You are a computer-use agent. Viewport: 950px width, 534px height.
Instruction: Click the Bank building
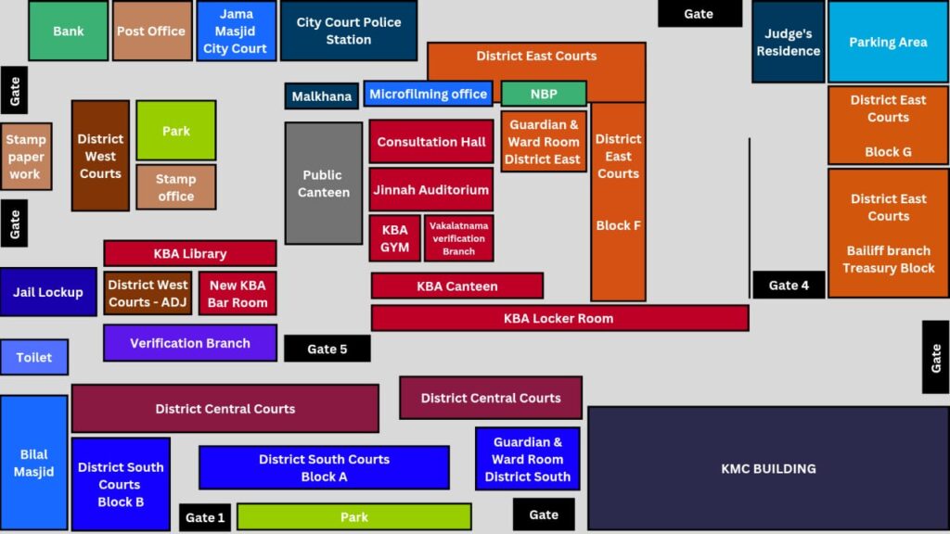pos(68,31)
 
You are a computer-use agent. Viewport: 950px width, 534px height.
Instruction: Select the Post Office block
pos(151,31)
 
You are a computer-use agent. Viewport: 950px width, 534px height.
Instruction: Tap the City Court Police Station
pos(349,31)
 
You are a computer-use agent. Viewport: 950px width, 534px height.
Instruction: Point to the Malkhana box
pos(321,96)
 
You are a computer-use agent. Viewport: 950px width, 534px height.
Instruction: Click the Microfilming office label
pos(428,94)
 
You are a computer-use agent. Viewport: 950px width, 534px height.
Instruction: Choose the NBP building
pos(544,94)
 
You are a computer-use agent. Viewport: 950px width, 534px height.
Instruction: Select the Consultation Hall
pos(430,142)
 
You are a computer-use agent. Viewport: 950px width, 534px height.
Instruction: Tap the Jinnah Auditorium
pos(430,189)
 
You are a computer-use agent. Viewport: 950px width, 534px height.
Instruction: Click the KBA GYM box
pos(394,238)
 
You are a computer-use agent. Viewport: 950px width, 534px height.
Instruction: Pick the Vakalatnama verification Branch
pos(458,238)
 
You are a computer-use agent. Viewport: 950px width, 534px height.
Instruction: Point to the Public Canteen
pos(323,184)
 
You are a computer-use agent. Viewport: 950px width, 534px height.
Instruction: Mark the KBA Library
pos(189,253)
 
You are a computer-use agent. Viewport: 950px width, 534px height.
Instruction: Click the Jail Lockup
pos(48,292)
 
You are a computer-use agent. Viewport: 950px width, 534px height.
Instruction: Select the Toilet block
pos(34,357)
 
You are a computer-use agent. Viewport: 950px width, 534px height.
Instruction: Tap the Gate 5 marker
pos(327,349)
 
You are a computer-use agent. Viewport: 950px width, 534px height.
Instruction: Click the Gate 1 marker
pos(204,517)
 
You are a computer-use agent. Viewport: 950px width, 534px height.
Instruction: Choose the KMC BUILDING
pos(768,468)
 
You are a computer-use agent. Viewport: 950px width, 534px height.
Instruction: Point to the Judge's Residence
pos(788,42)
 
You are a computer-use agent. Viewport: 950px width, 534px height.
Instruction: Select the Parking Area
pos(888,42)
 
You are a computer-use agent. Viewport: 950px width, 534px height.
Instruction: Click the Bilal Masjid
pos(34,463)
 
